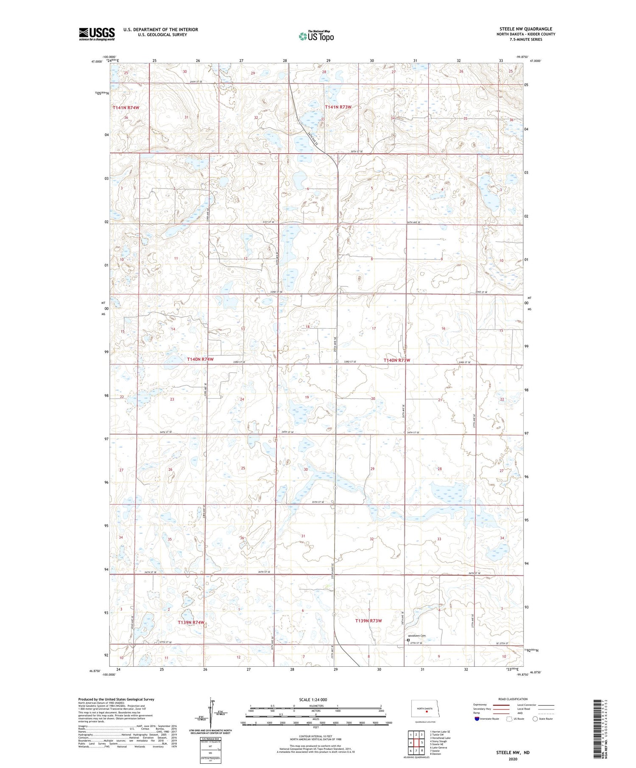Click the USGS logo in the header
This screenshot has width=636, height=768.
pyautogui.click(x=97, y=34)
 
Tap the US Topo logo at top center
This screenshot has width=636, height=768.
pyautogui.click(x=316, y=36)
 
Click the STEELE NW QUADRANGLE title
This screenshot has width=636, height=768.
pyautogui.click(x=525, y=29)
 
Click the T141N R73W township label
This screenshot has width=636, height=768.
pyautogui.click(x=338, y=107)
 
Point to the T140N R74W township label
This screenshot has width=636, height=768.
pyautogui.click(x=200, y=359)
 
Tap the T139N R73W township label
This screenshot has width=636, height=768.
pyautogui.click(x=368, y=621)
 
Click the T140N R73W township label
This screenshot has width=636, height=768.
pyautogui.click(x=397, y=360)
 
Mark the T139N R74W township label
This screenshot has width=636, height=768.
pyautogui.click(x=191, y=622)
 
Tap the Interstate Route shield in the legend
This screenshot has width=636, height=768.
pyautogui.click(x=477, y=718)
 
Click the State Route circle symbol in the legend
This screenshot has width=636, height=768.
pyautogui.click(x=535, y=718)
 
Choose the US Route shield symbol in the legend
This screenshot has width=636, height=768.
pyautogui.click(x=509, y=718)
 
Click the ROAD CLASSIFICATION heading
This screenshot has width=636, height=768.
pyautogui.click(x=513, y=699)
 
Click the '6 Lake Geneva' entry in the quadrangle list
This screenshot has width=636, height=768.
pyautogui.click(x=439, y=747)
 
